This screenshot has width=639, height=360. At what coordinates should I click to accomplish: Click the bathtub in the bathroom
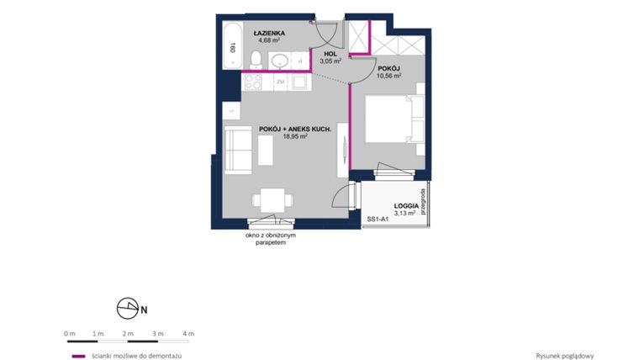(231, 49)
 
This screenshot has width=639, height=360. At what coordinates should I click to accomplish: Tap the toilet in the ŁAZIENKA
(256, 58)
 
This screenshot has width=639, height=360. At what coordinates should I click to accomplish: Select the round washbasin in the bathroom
(280, 61)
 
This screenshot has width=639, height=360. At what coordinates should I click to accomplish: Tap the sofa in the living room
(238, 151)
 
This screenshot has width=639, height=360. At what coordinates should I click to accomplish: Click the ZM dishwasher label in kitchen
(280, 82)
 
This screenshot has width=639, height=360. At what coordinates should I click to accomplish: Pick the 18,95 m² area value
(294, 136)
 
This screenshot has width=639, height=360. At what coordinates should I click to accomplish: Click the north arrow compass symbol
(129, 309)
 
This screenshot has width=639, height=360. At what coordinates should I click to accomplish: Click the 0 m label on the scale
(70, 334)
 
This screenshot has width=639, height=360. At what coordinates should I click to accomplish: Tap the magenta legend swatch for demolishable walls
(78, 356)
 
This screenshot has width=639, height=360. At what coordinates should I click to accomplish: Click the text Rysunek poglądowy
(564, 356)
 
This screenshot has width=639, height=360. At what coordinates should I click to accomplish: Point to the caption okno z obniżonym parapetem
(271, 239)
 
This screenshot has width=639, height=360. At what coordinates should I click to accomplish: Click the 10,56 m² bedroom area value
(388, 74)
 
